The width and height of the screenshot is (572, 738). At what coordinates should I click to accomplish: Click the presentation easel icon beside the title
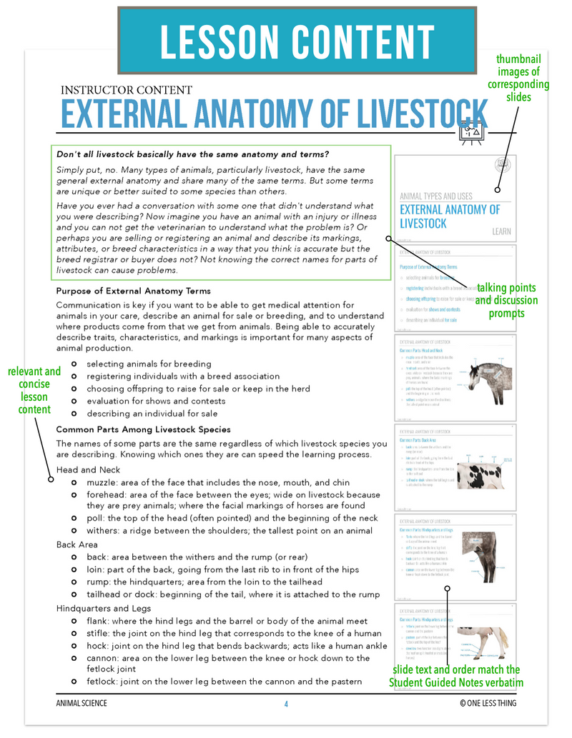point(472,132)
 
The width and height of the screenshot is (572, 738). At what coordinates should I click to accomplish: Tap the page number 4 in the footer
point(286,704)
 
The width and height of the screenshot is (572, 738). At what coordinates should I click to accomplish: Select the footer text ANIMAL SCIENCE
point(82,704)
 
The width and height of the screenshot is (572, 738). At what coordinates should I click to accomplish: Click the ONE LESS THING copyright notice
point(488,704)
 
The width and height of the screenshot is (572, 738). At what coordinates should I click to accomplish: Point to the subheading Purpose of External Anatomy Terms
point(133,291)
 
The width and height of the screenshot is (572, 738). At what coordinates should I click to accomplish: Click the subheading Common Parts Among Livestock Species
point(143,429)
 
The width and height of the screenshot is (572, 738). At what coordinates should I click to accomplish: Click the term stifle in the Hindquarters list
point(100,634)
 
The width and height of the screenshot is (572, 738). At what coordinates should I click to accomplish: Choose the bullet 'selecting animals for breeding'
point(149,364)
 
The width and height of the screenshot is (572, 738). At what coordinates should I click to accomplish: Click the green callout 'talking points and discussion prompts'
point(506,300)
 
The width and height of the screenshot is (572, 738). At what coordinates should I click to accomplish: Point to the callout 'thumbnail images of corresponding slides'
point(518,78)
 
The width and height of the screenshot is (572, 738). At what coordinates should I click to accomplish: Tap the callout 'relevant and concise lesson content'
point(34,390)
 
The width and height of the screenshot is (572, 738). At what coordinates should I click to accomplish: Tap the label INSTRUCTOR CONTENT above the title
point(127,90)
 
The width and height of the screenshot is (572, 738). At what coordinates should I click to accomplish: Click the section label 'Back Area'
point(77,544)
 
